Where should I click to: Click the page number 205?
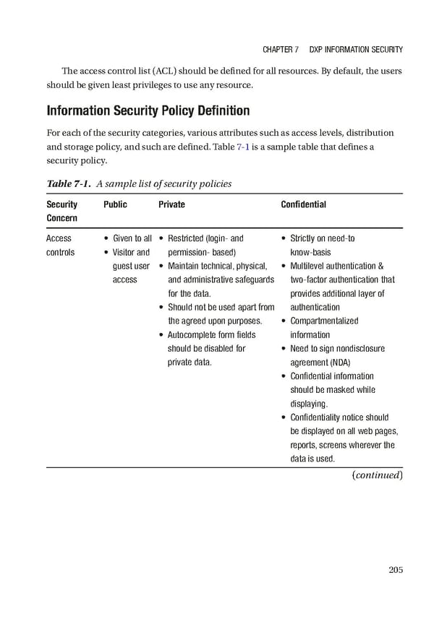pyautogui.click(x=395, y=570)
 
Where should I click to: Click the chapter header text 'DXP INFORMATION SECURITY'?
pyautogui.click(x=356, y=50)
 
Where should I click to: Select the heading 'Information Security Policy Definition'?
pyautogui.click(x=148, y=111)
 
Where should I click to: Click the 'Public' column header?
pyautogui.click(x=115, y=204)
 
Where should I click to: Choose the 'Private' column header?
pyautogui.click(x=171, y=204)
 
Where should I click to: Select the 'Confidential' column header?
pyautogui.click(x=303, y=204)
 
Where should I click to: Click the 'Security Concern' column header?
pyautogui.click(x=61, y=211)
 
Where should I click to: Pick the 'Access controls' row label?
pyautogui.click(x=59, y=245)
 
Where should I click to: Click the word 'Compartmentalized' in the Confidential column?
pyautogui.click(x=324, y=321)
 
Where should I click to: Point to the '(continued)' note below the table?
pyautogui.click(x=376, y=475)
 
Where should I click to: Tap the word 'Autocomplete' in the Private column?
pyautogui.click(x=192, y=334)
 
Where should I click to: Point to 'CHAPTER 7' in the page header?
pyautogui.click(x=276, y=50)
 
